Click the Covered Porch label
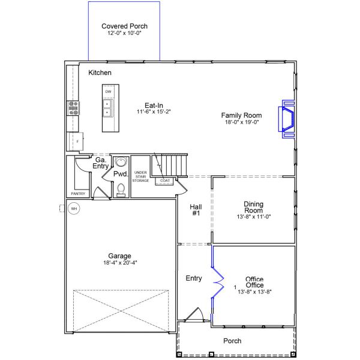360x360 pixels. pos(124,26)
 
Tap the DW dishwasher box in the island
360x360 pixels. pos(108,92)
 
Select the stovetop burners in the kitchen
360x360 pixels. pos(73,108)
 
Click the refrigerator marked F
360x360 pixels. pos(76,142)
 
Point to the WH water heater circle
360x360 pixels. pos(74,209)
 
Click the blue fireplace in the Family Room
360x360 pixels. pos(287,119)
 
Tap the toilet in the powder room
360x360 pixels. pos(121,190)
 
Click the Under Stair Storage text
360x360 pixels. pos(140,176)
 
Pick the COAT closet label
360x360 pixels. pos(165,181)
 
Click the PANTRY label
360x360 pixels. pos(78,194)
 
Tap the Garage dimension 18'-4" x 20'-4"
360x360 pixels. pos(120,263)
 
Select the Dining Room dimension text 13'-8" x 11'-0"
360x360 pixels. pos(254,217)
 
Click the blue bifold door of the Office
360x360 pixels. pos(217,283)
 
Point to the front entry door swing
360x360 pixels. pos(194,314)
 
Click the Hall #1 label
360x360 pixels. pos(196,210)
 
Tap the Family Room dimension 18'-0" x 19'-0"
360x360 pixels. pos(242,122)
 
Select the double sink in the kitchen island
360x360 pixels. pos(107,108)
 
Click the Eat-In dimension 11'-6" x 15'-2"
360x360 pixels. pos(154,112)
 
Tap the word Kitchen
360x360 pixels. pos(100,73)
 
